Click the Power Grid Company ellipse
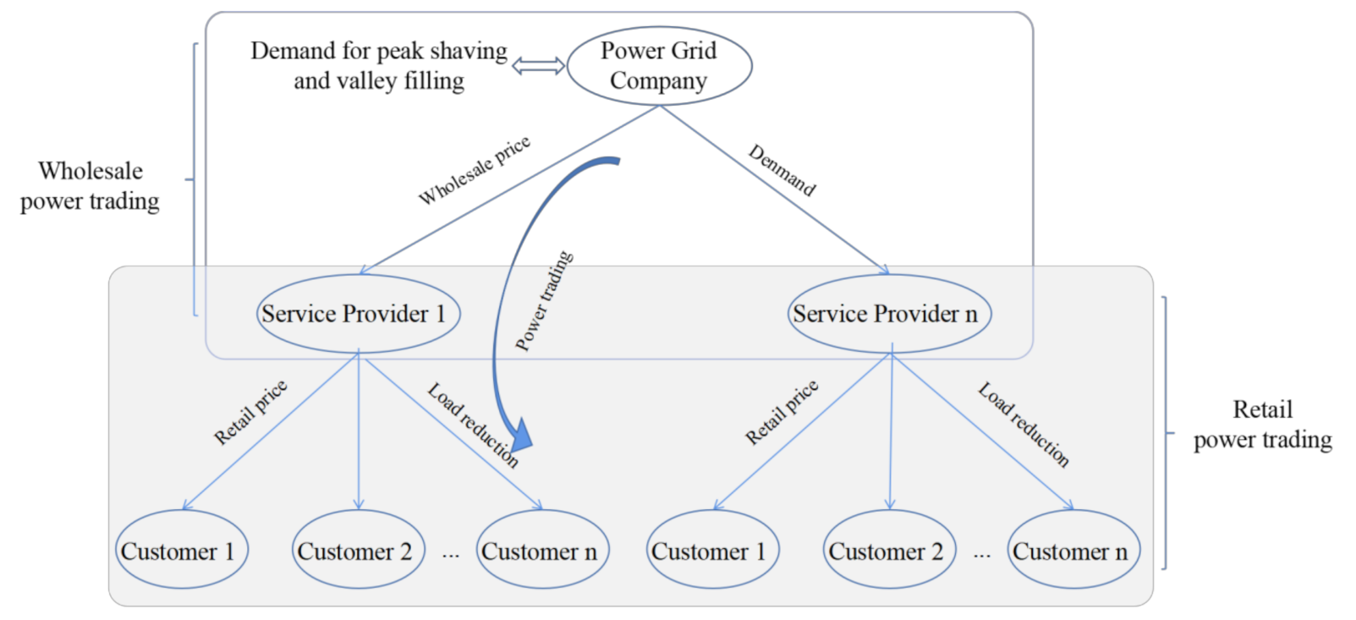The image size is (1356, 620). tap(660, 65)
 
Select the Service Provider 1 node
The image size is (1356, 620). tap(359, 314)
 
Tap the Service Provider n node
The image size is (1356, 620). tap(889, 314)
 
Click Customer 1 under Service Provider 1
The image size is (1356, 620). tap(182, 549)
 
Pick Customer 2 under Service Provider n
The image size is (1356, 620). tap(889, 549)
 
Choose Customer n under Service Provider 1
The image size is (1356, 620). tap(543, 549)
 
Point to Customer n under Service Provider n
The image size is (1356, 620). tap(1074, 549)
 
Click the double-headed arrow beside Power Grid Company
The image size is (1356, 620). tap(538, 66)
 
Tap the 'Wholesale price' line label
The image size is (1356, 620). tap(475, 170)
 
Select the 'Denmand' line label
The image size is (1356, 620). tap(782, 170)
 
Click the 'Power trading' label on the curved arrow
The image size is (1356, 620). tap(544, 300)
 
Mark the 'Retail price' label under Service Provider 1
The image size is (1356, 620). tap(250, 412)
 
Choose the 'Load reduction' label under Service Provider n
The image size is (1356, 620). tap(1024, 425)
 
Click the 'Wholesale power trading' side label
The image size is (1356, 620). tap(91, 186)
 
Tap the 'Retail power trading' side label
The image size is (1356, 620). tap(1263, 425)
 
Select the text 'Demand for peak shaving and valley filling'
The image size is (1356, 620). tap(379, 65)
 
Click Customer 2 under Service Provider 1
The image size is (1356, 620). tap(359, 549)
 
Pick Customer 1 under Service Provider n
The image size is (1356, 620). tap(713, 549)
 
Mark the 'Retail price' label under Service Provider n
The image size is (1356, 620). tap(782, 412)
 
